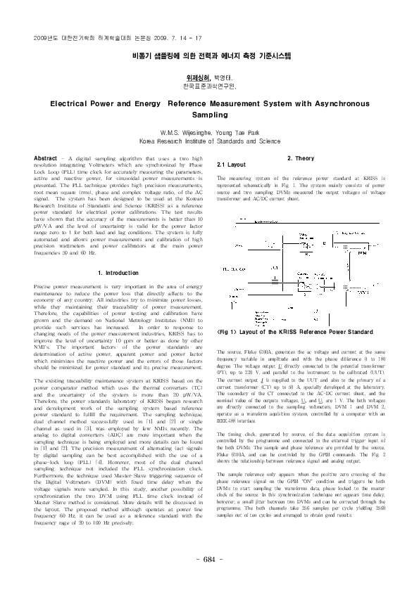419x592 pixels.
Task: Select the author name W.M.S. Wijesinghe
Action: (187, 132)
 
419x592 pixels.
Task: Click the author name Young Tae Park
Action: (236, 132)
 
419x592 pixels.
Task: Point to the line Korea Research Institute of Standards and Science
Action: (208, 141)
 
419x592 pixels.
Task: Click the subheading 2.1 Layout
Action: (231, 165)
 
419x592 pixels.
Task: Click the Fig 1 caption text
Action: (295, 330)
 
